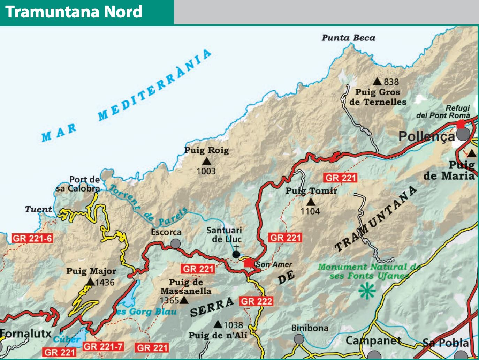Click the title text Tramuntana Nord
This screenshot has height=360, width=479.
tap(74, 12)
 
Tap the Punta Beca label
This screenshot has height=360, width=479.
tap(348, 38)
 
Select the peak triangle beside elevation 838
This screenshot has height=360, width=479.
tap(377, 82)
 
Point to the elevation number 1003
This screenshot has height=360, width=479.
tap(206, 171)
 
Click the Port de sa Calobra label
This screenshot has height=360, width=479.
tap(79, 184)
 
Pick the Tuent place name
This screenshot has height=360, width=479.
tap(38, 209)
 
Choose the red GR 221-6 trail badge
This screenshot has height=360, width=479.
tap(32, 239)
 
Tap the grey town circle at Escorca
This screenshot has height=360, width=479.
tap(175, 243)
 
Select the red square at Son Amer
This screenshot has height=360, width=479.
tap(248, 263)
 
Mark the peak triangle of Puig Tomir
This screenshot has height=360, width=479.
tap(311, 202)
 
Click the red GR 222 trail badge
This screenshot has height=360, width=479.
tap(256, 301)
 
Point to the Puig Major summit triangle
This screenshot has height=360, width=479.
tap(90, 282)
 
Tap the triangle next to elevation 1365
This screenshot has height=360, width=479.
tap(184, 300)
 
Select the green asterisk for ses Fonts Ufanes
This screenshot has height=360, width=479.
tap(367, 291)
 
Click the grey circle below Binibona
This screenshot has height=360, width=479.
tap(299, 339)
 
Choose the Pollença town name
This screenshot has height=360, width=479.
tap(427, 136)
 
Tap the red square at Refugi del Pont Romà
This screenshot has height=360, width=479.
tap(461, 124)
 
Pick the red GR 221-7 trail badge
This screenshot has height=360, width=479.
tap(103, 347)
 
